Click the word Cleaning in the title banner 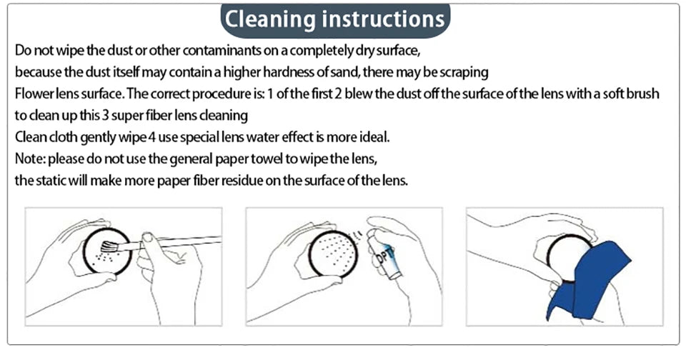(270, 20)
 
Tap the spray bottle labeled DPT (385, 254)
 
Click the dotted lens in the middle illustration (333, 253)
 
